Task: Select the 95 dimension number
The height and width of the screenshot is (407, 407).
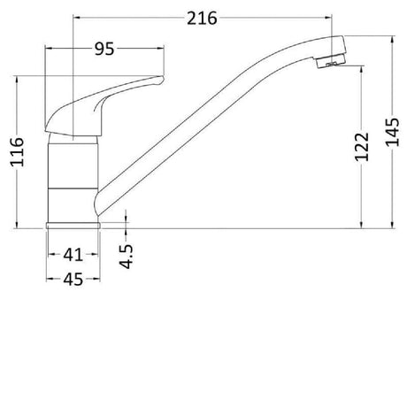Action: tap(104, 50)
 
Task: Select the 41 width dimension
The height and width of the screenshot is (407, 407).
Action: tap(73, 255)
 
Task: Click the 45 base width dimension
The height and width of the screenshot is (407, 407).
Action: tap(73, 280)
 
